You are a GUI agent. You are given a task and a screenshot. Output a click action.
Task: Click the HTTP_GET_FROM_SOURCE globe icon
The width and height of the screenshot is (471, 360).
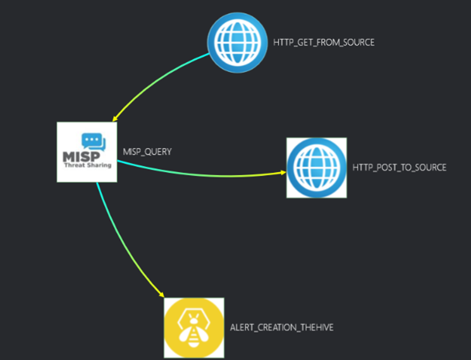point(237,42)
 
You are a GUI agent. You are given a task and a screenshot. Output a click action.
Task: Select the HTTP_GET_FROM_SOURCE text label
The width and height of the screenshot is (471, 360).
point(324,43)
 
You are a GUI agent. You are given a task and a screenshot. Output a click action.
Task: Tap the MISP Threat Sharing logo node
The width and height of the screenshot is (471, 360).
point(87,152)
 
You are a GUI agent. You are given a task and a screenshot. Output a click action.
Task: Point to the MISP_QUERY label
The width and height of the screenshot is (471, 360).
point(147,152)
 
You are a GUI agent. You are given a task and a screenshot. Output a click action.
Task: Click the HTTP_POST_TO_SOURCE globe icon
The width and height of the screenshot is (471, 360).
point(316,168)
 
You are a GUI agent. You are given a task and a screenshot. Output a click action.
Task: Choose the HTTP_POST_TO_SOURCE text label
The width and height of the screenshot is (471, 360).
point(400,168)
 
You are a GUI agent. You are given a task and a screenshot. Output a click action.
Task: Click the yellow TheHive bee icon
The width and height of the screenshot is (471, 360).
point(194,327)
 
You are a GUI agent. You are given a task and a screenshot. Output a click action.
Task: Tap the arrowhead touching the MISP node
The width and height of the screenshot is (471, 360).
point(116,118)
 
